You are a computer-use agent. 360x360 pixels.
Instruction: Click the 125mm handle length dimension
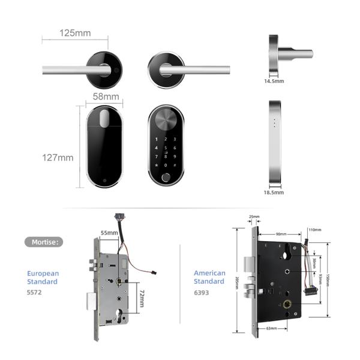(75, 33)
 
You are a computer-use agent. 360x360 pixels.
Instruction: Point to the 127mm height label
(58, 158)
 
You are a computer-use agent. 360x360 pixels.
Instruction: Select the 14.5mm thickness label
(274, 80)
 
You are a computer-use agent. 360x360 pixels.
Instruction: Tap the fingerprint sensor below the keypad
(166, 178)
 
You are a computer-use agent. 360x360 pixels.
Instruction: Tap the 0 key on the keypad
(166, 166)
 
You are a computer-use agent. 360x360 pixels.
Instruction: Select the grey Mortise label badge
(43, 242)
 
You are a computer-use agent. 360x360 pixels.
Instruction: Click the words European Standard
(43, 277)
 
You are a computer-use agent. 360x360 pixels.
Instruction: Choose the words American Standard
(209, 277)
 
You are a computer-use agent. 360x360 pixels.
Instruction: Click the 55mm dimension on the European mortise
(109, 232)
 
